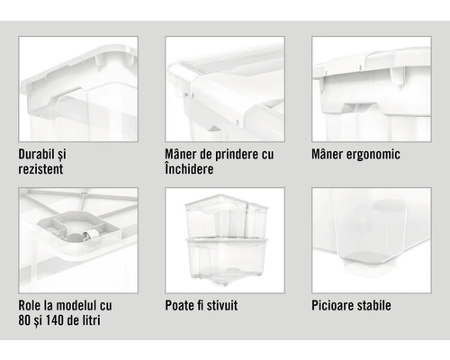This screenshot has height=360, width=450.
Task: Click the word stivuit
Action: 220,305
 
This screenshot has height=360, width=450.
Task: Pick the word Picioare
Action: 336,305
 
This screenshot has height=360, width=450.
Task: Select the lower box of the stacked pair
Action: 224,256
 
